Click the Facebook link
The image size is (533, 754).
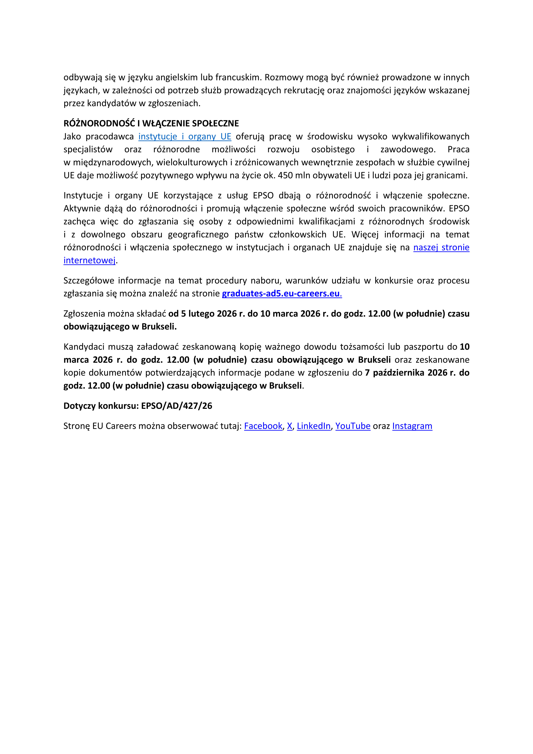point(263,426)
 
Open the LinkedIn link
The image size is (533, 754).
point(313,426)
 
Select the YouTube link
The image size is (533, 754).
point(353,426)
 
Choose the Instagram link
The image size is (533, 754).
point(412,426)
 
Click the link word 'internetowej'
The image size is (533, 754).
point(90,261)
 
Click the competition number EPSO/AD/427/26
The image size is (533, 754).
point(177,406)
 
